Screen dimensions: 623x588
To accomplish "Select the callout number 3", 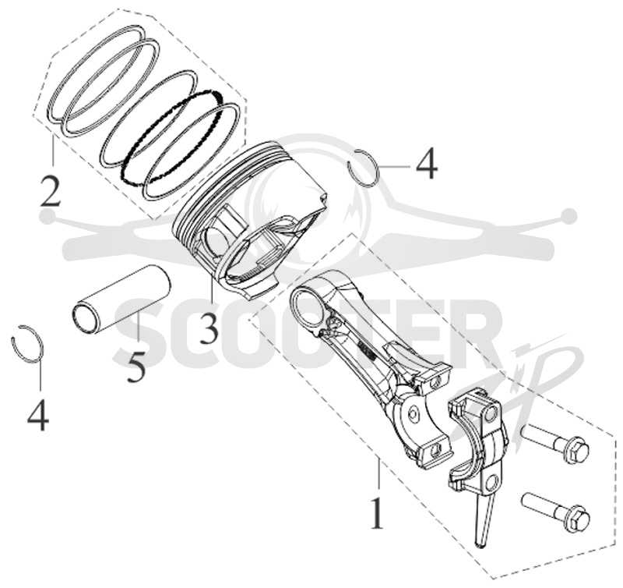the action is [209, 328].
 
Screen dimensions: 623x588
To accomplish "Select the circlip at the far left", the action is [27, 343].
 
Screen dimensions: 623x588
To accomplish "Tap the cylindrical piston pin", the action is [121, 301].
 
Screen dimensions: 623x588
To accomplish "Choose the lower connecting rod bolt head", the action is [576, 518].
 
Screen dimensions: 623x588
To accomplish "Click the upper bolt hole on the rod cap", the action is [492, 413].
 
